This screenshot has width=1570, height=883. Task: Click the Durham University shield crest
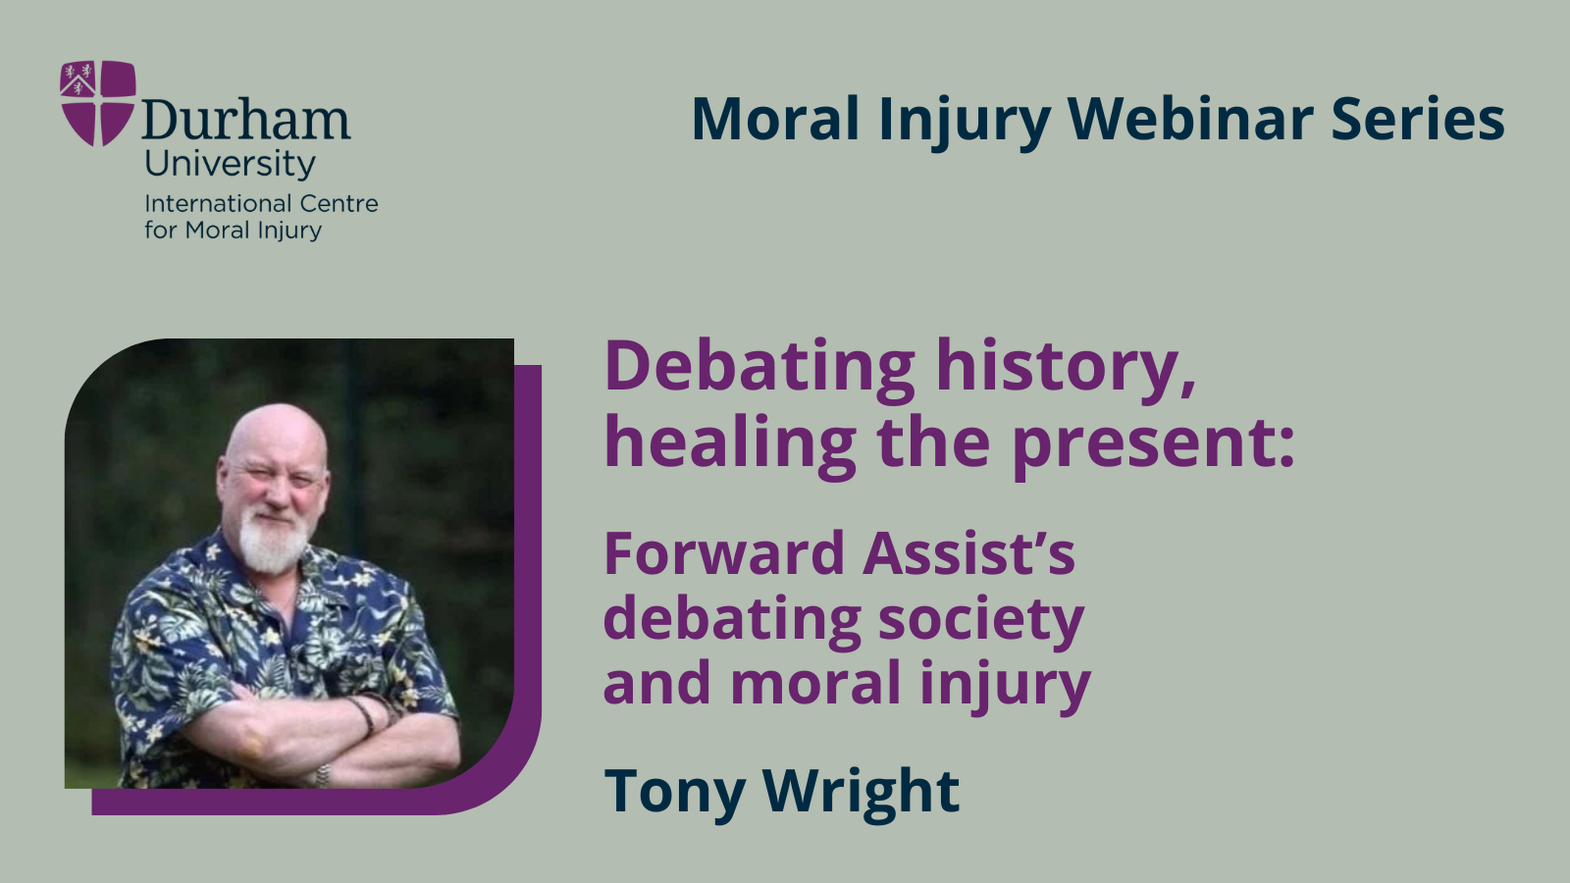pos(97,102)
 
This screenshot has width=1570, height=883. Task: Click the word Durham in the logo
pos(246,121)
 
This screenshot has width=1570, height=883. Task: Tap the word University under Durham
pos(230,163)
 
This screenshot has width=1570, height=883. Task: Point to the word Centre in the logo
pos(339,204)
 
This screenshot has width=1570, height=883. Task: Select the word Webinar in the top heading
pos(1189,119)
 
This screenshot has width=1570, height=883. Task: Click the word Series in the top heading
pos(1417,119)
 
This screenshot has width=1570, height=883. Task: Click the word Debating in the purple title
pos(759,366)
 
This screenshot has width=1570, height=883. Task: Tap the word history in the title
pos(1066,366)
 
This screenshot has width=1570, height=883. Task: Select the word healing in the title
pos(730,443)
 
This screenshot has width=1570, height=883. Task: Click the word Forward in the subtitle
pos(723,553)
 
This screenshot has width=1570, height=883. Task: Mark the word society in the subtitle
pos(980,621)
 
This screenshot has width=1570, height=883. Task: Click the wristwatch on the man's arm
pos(321,775)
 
